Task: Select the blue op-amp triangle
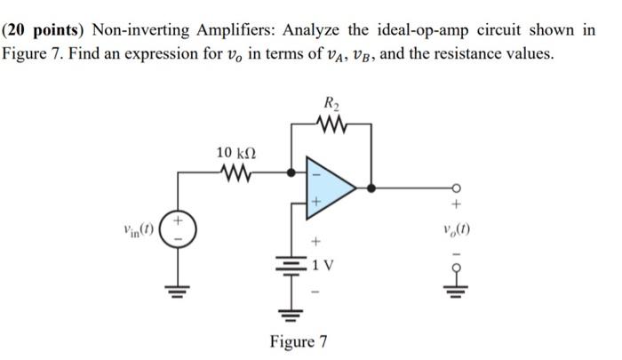(327, 187)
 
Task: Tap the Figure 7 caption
(298, 341)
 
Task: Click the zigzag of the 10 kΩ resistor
(236, 172)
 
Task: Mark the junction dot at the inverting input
(291, 172)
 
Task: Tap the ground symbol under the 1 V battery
(291, 311)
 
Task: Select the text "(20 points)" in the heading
(38, 28)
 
